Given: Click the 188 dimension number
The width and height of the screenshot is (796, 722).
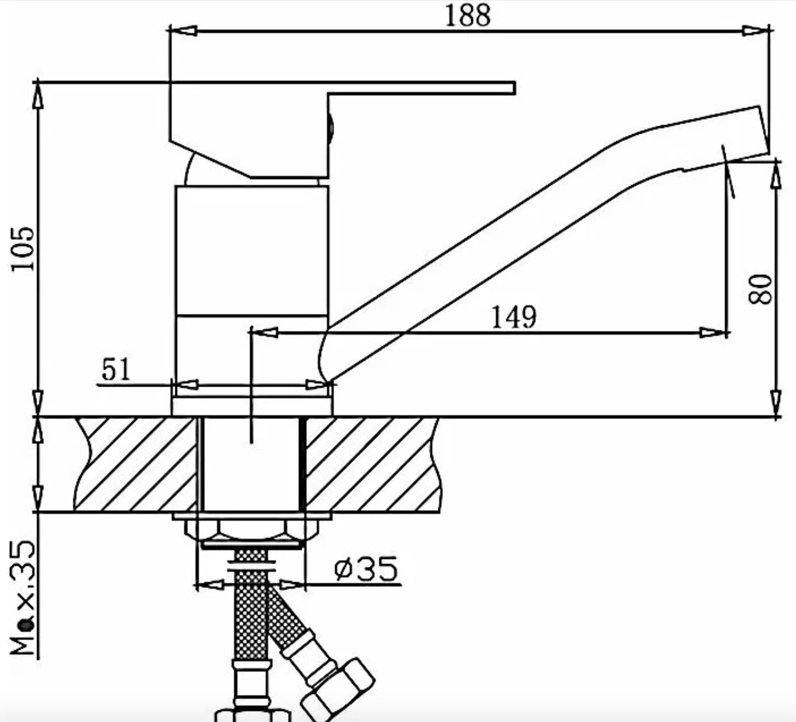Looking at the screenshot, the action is pyautogui.click(x=467, y=16).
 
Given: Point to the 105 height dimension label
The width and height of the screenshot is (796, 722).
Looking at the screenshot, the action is pyautogui.click(x=23, y=249).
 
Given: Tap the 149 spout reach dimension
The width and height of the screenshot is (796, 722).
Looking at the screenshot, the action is pyautogui.click(x=514, y=317).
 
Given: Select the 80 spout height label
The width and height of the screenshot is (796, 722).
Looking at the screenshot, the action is pyautogui.click(x=760, y=289).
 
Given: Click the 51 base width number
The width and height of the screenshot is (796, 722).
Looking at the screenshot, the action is pyautogui.click(x=116, y=370).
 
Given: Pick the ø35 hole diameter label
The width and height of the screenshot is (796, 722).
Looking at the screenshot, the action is pyautogui.click(x=366, y=569).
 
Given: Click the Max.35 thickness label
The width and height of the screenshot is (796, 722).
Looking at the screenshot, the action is pyautogui.click(x=24, y=598).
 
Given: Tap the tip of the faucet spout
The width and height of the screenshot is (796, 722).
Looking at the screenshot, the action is pyautogui.click(x=764, y=130).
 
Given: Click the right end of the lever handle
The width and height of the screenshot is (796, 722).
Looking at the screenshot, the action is pyautogui.click(x=515, y=87).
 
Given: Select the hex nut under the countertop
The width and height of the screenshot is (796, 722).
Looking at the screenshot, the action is pyautogui.click(x=251, y=531).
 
